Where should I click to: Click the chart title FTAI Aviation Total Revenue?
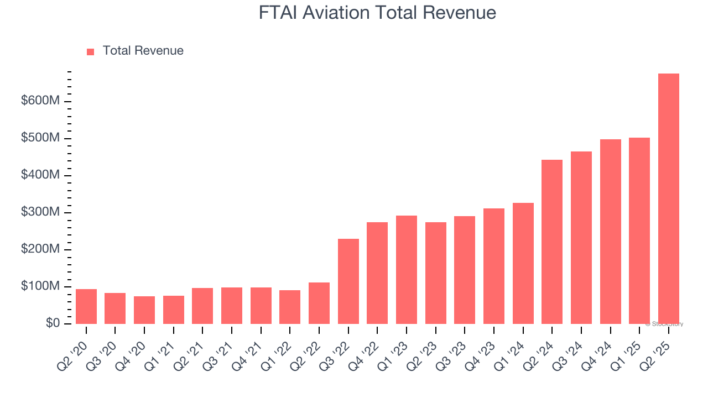(377, 13)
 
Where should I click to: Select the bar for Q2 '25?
(668, 198)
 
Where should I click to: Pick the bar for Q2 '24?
(552, 242)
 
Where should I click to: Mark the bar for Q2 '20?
(86, 306)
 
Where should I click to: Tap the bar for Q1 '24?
(523, 263)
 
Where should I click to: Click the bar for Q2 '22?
(319, 303)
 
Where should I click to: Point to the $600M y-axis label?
(40, 101)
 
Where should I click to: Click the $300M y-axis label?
(40, 212)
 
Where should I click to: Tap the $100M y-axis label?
(40, 286)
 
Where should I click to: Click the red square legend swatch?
(91, 51)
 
